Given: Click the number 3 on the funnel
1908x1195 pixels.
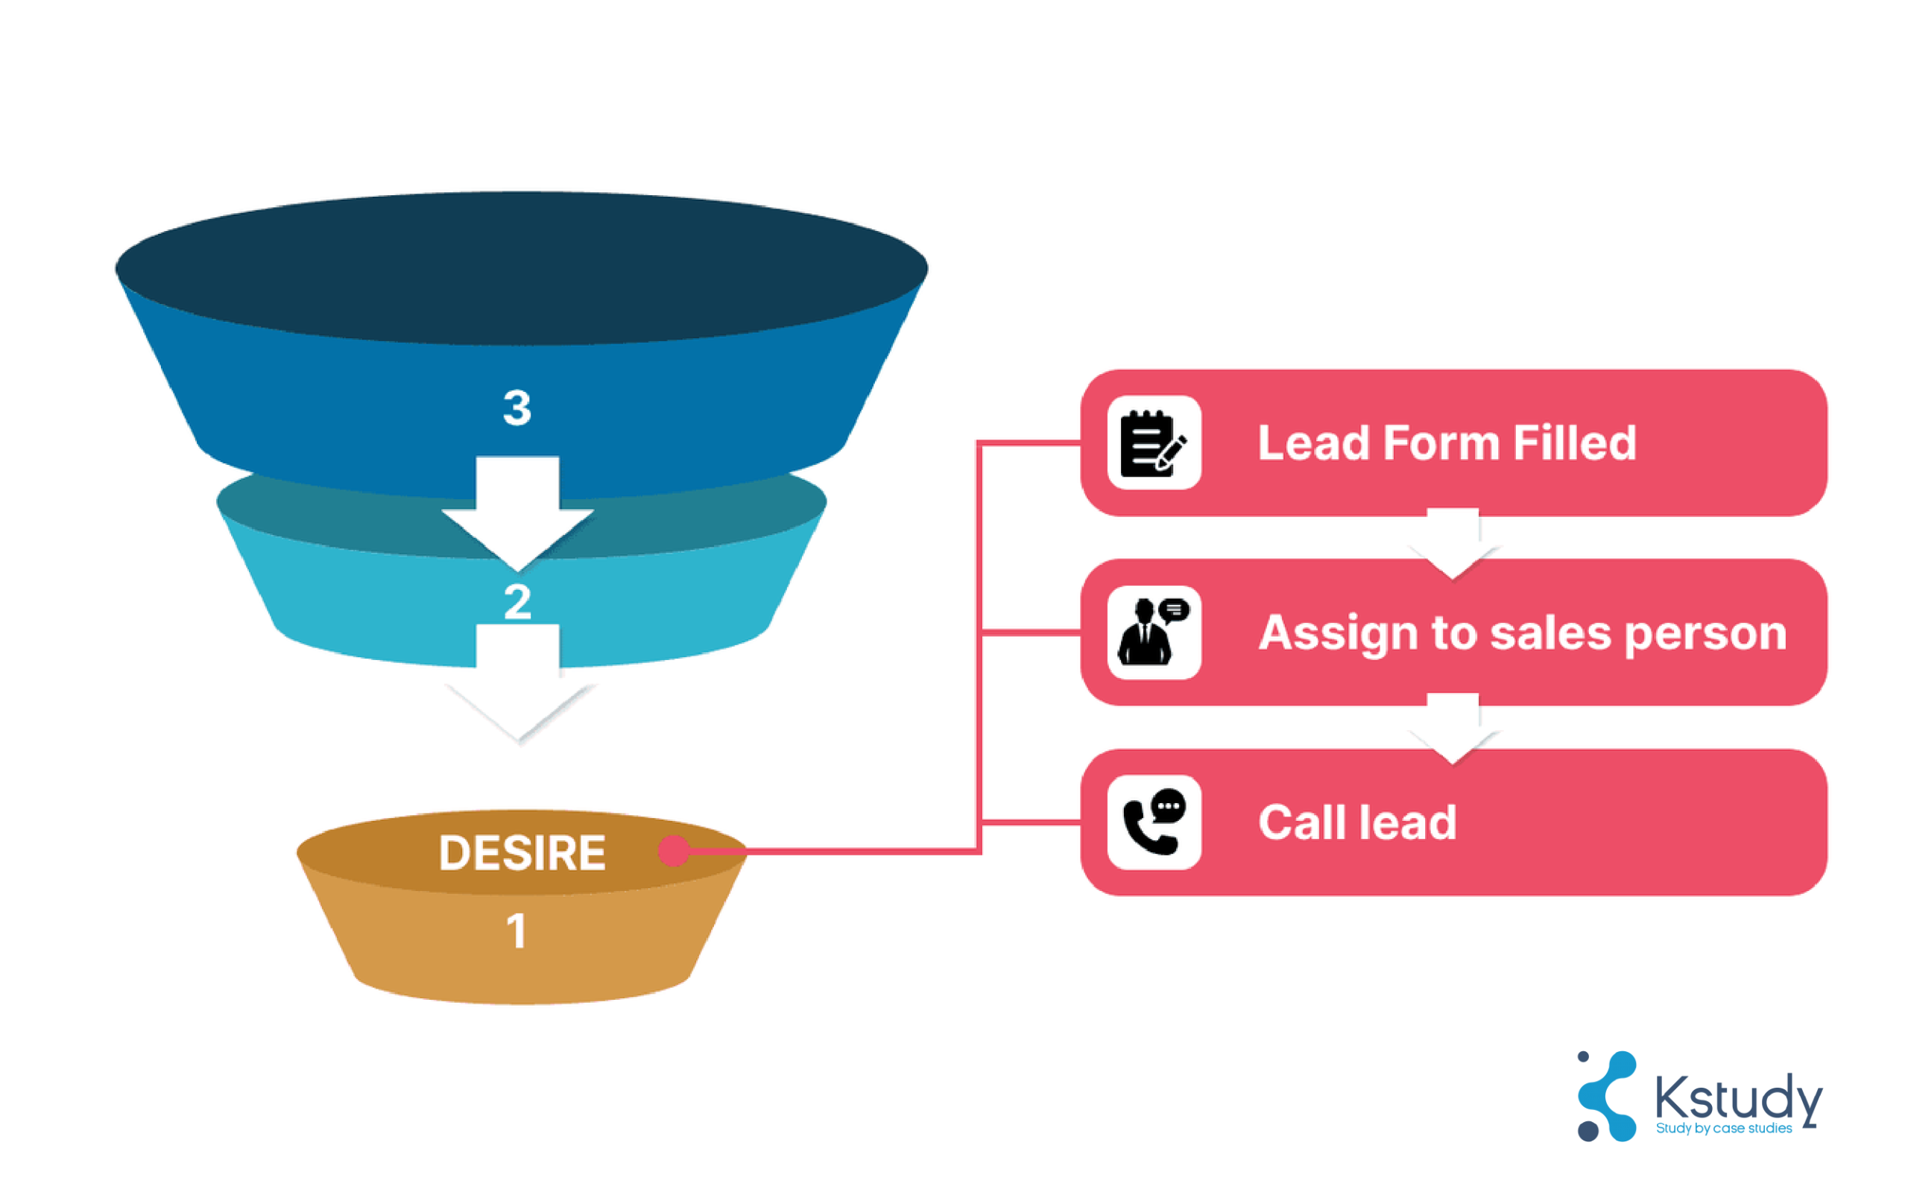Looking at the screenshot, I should point(517,408).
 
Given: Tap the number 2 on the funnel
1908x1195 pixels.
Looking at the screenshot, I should point(517,602).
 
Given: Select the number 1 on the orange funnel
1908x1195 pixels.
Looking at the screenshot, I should point(517,931).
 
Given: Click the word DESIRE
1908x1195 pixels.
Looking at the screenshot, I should point(522,853).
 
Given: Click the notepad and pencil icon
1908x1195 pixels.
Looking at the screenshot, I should point(1154,443).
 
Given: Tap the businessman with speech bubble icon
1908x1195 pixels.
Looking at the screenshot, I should point(1154,633).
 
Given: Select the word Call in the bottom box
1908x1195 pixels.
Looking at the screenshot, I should point(1300,822).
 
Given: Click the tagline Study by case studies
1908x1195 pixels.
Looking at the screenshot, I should point(1723,1129).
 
